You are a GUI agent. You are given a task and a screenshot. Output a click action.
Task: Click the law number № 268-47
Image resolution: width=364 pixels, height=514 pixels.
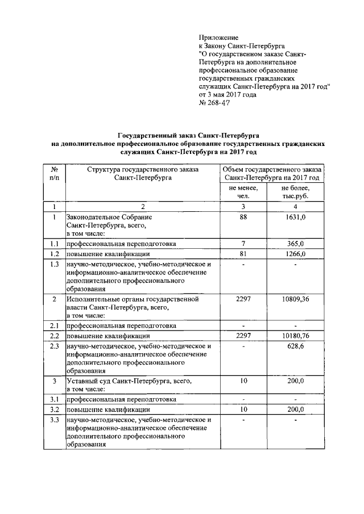point(215,103)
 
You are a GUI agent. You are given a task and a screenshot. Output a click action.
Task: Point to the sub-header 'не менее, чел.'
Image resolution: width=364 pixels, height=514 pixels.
point(243,192)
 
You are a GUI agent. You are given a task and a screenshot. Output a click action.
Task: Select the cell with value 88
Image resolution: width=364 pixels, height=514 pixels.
point(243,217)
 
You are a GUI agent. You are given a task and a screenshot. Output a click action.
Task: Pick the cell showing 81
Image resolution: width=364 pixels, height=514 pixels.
point(243,254)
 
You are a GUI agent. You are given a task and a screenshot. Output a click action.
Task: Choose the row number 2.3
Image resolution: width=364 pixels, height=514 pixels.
point(55,346)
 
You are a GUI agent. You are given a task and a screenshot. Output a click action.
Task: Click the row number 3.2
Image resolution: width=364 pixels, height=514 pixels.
point(55,409)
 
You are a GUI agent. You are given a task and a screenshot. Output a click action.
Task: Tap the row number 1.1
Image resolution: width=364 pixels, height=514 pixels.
point(55,243)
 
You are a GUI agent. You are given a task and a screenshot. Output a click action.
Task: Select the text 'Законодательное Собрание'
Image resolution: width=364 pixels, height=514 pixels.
point(109,217)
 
